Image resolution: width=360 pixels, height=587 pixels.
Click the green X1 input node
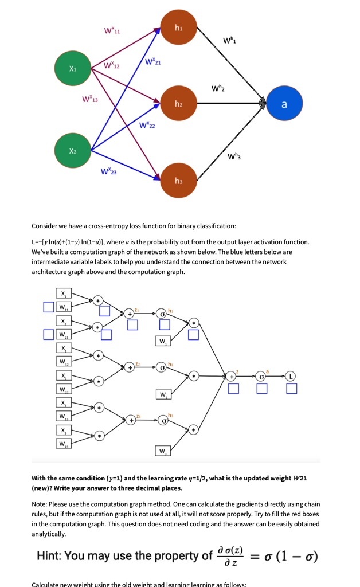[x=72, y=68]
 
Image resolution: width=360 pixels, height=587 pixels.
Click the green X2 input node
[x=72, y=151]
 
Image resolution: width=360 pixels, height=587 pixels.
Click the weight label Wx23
[x=109, y=171]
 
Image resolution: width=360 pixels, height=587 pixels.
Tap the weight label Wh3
[x=234, y=156]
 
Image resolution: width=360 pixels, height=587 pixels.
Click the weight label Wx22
[x=147, y=125]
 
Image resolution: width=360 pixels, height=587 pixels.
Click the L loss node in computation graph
[x=292, y=376]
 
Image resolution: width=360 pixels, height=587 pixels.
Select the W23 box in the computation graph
[x=61, y=444]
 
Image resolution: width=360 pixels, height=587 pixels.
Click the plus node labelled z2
[x=131, y=366]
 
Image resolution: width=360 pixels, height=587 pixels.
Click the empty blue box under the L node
[x=292, y=389]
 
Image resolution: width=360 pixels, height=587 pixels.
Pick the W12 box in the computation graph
[x=61, y=361]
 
